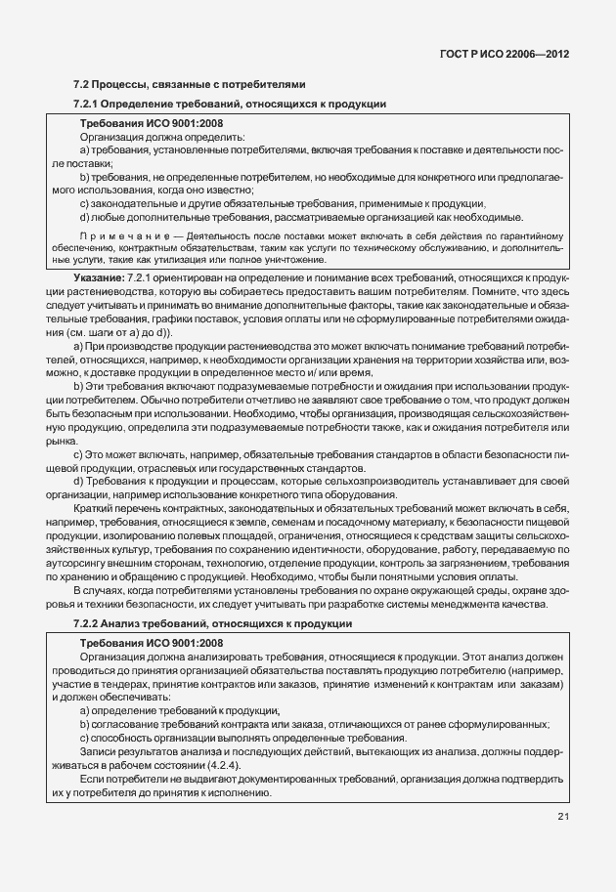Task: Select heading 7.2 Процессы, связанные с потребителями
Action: (190, 84)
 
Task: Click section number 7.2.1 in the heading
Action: (89, 104)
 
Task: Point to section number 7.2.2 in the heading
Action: (89, 623)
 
